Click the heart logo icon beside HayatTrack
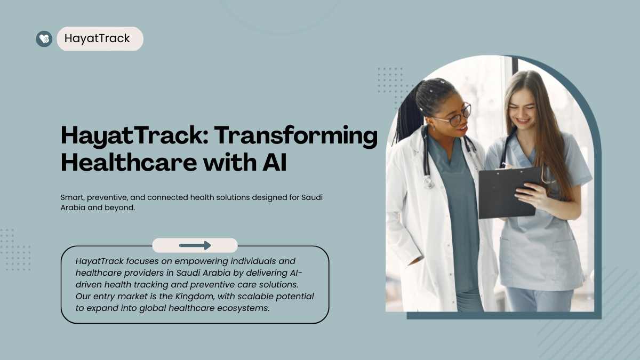tap(44, 39)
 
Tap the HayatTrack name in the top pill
tap(97, 38)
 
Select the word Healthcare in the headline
tap(129, 162)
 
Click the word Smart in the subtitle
tap(73, 197)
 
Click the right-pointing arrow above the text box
tap(195, 245)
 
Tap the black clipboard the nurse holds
tap(509, 193)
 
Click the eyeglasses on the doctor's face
tap(457, 115)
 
